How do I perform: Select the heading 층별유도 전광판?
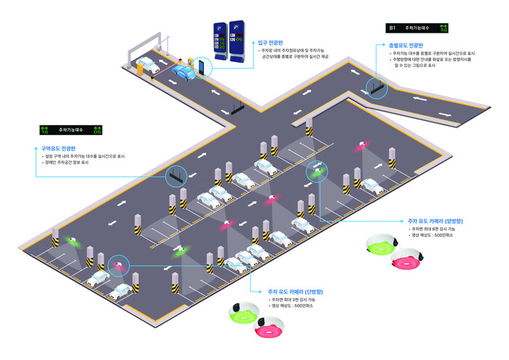coord(402,45)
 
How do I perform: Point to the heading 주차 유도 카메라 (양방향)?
coord(435,220)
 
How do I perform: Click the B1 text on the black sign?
coord(392,28)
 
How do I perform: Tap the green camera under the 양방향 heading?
coord(379,247)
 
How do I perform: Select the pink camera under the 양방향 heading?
coord(406,258)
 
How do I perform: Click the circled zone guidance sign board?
coord(175,175)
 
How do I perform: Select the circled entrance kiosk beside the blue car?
coord(201,69)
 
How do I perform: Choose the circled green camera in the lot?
coord(317,171)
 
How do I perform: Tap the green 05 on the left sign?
coord(97,131)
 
